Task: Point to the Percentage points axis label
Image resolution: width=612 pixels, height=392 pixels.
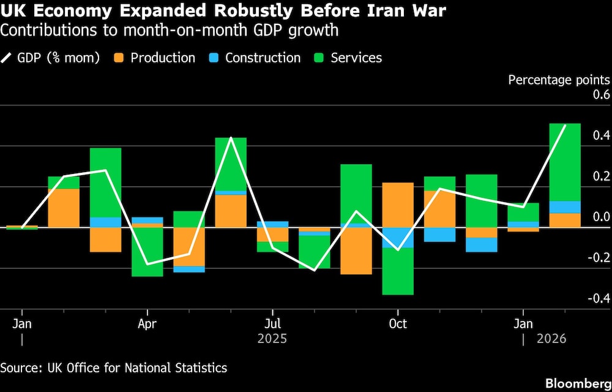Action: pyautogui.click(x=559, y=80)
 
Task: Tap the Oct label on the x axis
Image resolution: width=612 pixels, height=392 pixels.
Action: pyautogui.click(x=398, y=323)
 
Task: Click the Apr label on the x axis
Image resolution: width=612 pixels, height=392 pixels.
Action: pyautogui.click(x=147, y=323)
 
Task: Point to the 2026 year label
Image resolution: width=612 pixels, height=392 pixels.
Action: pyautogui.click(x=551, y=339)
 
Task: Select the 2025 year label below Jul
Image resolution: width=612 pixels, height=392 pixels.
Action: pyautogui.click(x=272, y=339)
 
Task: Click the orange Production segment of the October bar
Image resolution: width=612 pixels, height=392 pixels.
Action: pyautogui.click(x=398, y=205)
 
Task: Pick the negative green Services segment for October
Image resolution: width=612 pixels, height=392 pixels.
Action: pyautogui.click(x=398, y=271)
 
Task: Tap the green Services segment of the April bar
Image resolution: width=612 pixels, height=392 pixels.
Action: pyautogui.click(x=147, y=252)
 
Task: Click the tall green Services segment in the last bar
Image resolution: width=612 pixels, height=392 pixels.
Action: pyautogui.click(x=565, y=162)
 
